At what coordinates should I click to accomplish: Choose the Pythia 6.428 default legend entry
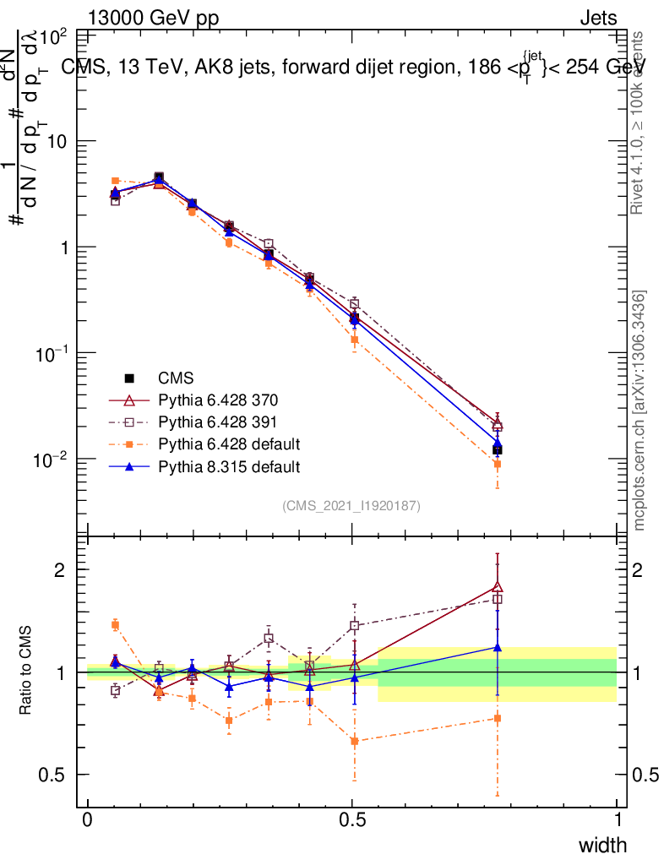[229, 444]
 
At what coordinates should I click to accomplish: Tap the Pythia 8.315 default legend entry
[229, 466]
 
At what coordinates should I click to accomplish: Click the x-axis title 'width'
[601, 846]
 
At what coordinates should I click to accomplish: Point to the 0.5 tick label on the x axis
[352, 820]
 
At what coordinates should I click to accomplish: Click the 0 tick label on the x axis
[88, 820]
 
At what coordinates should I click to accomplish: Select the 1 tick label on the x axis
[617, 820]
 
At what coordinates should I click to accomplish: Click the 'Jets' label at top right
[597, 19]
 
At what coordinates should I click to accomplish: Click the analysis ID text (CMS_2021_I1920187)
[351, 506]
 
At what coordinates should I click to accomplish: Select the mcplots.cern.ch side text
[640, 411]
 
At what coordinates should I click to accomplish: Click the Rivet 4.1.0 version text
[640, 122]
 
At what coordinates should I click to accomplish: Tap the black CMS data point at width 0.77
[498, 450]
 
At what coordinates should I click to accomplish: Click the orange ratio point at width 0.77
[498, 718]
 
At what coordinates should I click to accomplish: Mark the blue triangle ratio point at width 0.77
[498, 647]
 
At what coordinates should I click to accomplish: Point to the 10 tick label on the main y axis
[57, 141]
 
